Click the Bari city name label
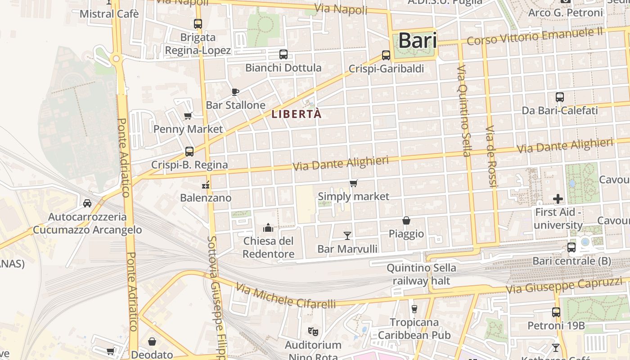(x=417, y=40)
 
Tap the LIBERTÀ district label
(x=297, y=114)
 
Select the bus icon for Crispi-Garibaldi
(x=386, y=55)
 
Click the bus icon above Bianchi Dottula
(x=283, y=54)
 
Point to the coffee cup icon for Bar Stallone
(x=235, y=92)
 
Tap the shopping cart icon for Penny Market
(x=188, y=116)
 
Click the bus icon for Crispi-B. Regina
(x=189, y=151)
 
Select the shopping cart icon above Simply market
(x=353, y=183)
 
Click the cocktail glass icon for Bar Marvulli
(x=347, y=235)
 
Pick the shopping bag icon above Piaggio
(x=406, y=220)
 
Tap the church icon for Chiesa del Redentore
(x=268, y=228)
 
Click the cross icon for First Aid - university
(x=558, y=198)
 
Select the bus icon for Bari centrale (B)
(x=571, y=247)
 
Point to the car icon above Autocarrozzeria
(x=87, y=203)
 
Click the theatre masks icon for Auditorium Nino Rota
(x=313, y=332)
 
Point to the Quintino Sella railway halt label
(x=421, y=274)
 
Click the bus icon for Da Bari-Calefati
(x=560, y=97)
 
